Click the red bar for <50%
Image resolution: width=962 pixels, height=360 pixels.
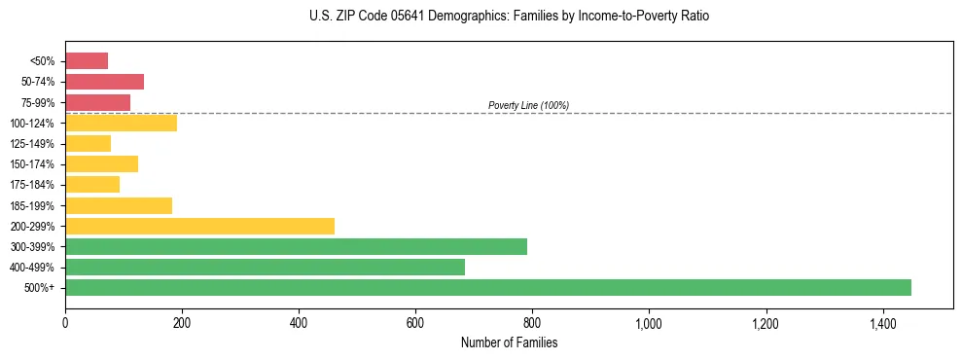point(87,61)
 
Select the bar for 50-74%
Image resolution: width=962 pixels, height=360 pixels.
point(104,82)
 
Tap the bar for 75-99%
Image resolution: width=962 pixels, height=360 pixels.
point(97,102)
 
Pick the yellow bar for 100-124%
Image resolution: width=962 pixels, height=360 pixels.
point(121,123)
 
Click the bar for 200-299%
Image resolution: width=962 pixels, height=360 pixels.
point(199,226)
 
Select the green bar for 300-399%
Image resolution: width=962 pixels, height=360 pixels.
point(296,246)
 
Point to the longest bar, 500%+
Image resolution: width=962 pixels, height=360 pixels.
point(488,287)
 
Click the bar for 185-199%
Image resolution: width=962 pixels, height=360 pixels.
point(119,205)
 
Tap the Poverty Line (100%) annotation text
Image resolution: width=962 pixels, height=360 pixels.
point(528,105)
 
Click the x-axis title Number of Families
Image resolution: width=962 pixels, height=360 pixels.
point(509,342)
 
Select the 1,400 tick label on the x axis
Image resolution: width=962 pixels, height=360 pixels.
point(882,323)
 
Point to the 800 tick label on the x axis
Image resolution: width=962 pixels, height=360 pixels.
point(532,323)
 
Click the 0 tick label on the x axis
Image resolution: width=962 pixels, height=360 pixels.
point(65,323)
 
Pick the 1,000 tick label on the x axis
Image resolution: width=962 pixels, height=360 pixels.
point(649,323)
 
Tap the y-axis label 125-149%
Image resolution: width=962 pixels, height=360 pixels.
point(33,144)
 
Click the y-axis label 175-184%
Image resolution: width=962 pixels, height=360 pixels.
point(33,185)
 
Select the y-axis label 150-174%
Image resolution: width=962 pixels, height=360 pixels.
point(33,164)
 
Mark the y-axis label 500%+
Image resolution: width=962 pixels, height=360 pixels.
point(40,288)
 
